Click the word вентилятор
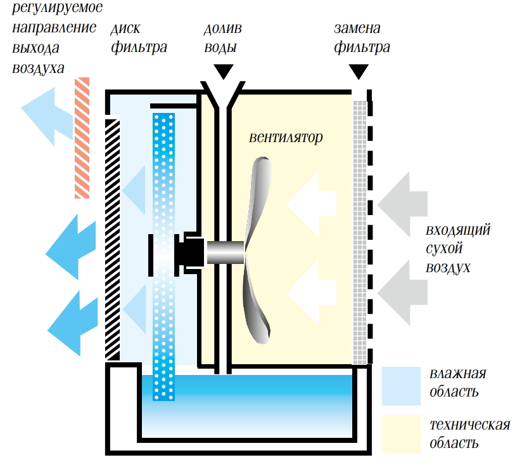pos(286,137)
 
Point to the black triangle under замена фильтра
pos(359,72)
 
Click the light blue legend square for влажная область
pos(401,386)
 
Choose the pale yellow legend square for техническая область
pos(401,434)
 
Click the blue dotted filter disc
pos(164,190)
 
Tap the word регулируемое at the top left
pos(56,8)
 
